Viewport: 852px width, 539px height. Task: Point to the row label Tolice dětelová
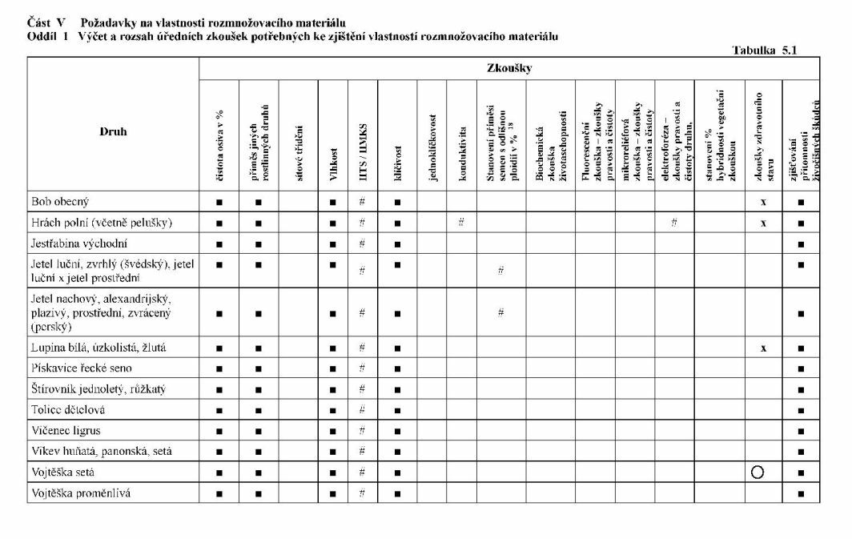pyautogui.click(x=67, y=409)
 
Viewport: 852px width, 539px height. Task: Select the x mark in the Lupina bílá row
pyautogui.click(x=764, y=347)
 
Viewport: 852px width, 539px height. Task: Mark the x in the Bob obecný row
pyautogui.click(x=764, y=202)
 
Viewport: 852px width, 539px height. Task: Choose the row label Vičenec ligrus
pyautogui.click(x=66, y=430)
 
